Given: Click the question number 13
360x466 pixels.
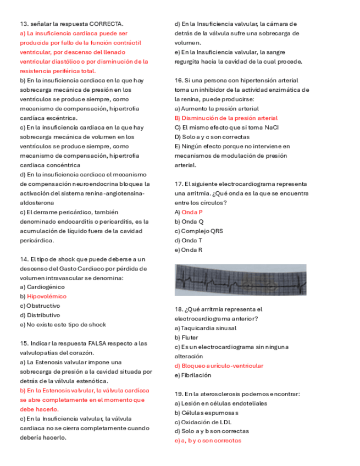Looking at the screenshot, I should tap(24, 24).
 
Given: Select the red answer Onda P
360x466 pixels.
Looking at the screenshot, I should tap(192, 212).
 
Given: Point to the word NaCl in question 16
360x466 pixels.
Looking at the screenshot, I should tap(272, 127).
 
